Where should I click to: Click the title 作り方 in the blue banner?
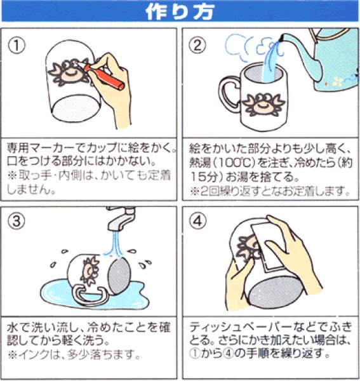[180, 11]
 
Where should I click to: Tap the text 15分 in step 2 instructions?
[203, 176]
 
